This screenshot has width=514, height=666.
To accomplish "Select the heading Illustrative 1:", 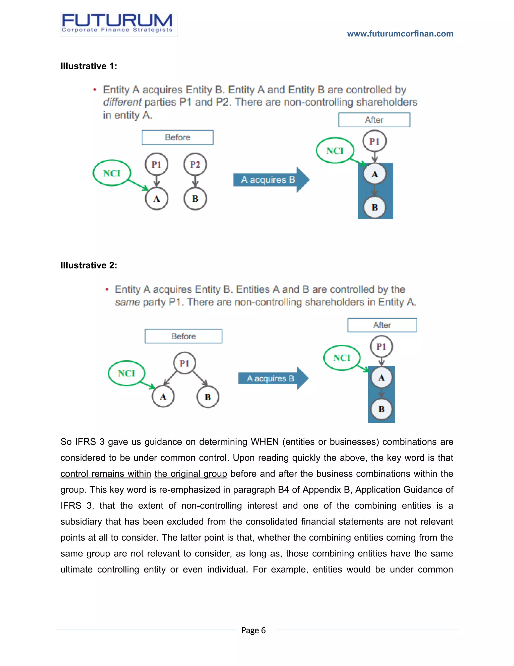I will pos(89,66).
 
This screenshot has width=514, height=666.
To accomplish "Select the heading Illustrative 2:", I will pos(89,265).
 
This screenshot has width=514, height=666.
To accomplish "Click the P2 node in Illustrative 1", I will pos(195,165).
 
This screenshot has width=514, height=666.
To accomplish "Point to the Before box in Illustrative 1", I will pos(177,137).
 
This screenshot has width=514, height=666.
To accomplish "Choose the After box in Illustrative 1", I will pos(374,120).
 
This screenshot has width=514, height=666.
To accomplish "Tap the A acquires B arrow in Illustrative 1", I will pos(271,180).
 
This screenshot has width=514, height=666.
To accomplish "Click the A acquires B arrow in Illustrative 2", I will pos(273,378).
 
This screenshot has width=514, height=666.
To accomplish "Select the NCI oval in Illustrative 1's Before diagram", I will pos(112,173).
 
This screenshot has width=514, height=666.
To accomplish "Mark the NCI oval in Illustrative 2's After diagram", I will pos(342,358).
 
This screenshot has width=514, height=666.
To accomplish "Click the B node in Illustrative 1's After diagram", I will pos(375,207).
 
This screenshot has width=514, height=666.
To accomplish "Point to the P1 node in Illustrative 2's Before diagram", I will pos(184,363).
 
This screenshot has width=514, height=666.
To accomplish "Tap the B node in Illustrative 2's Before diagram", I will pos(208,397).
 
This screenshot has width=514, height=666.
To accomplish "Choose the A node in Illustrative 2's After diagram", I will pos(381,378).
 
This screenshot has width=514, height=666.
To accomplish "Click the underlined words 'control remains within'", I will pos(106,473).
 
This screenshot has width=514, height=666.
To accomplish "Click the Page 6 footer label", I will pos(253,630).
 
